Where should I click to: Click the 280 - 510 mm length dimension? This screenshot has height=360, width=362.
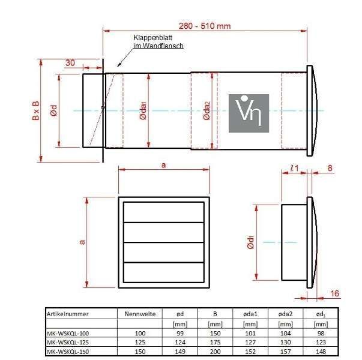(205, 26)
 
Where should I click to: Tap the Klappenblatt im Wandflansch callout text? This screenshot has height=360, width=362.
(158, 41)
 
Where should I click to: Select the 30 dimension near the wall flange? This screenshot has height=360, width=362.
(70, 63)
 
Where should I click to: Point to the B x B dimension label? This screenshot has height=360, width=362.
(35, 110)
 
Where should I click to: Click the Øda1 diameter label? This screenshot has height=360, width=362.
(143, 111)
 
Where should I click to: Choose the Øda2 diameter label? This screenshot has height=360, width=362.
(207, 111)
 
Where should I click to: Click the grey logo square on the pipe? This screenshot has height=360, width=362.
(249, 113)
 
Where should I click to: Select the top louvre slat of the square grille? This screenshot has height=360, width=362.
(164, 212)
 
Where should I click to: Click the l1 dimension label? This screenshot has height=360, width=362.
(294, 168)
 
